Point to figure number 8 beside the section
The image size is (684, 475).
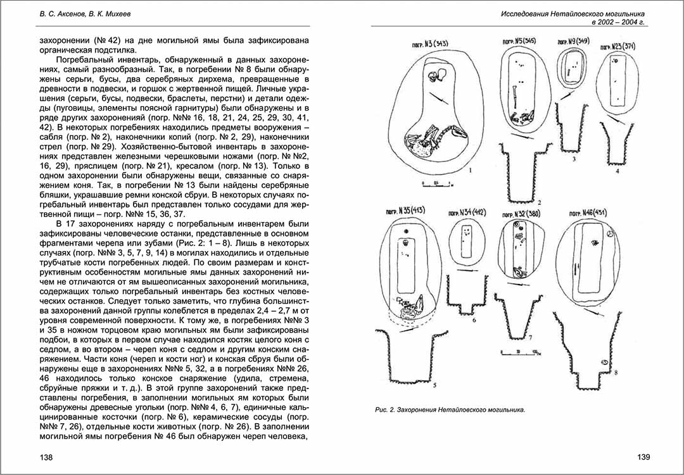click(x=616, y=374)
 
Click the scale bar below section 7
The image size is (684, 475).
click(x=517, y=353)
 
